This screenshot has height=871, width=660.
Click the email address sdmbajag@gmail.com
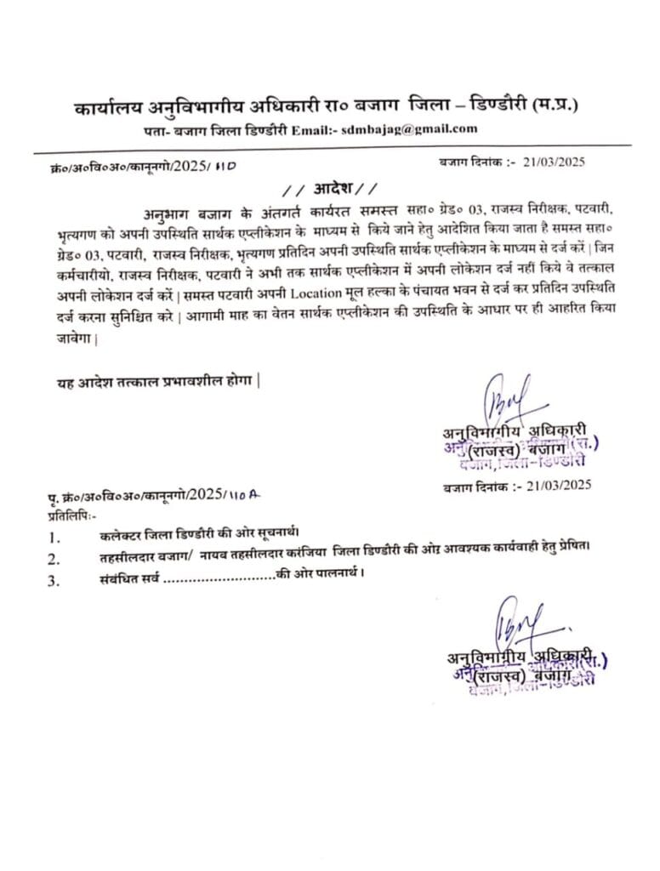coord(417,129)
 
